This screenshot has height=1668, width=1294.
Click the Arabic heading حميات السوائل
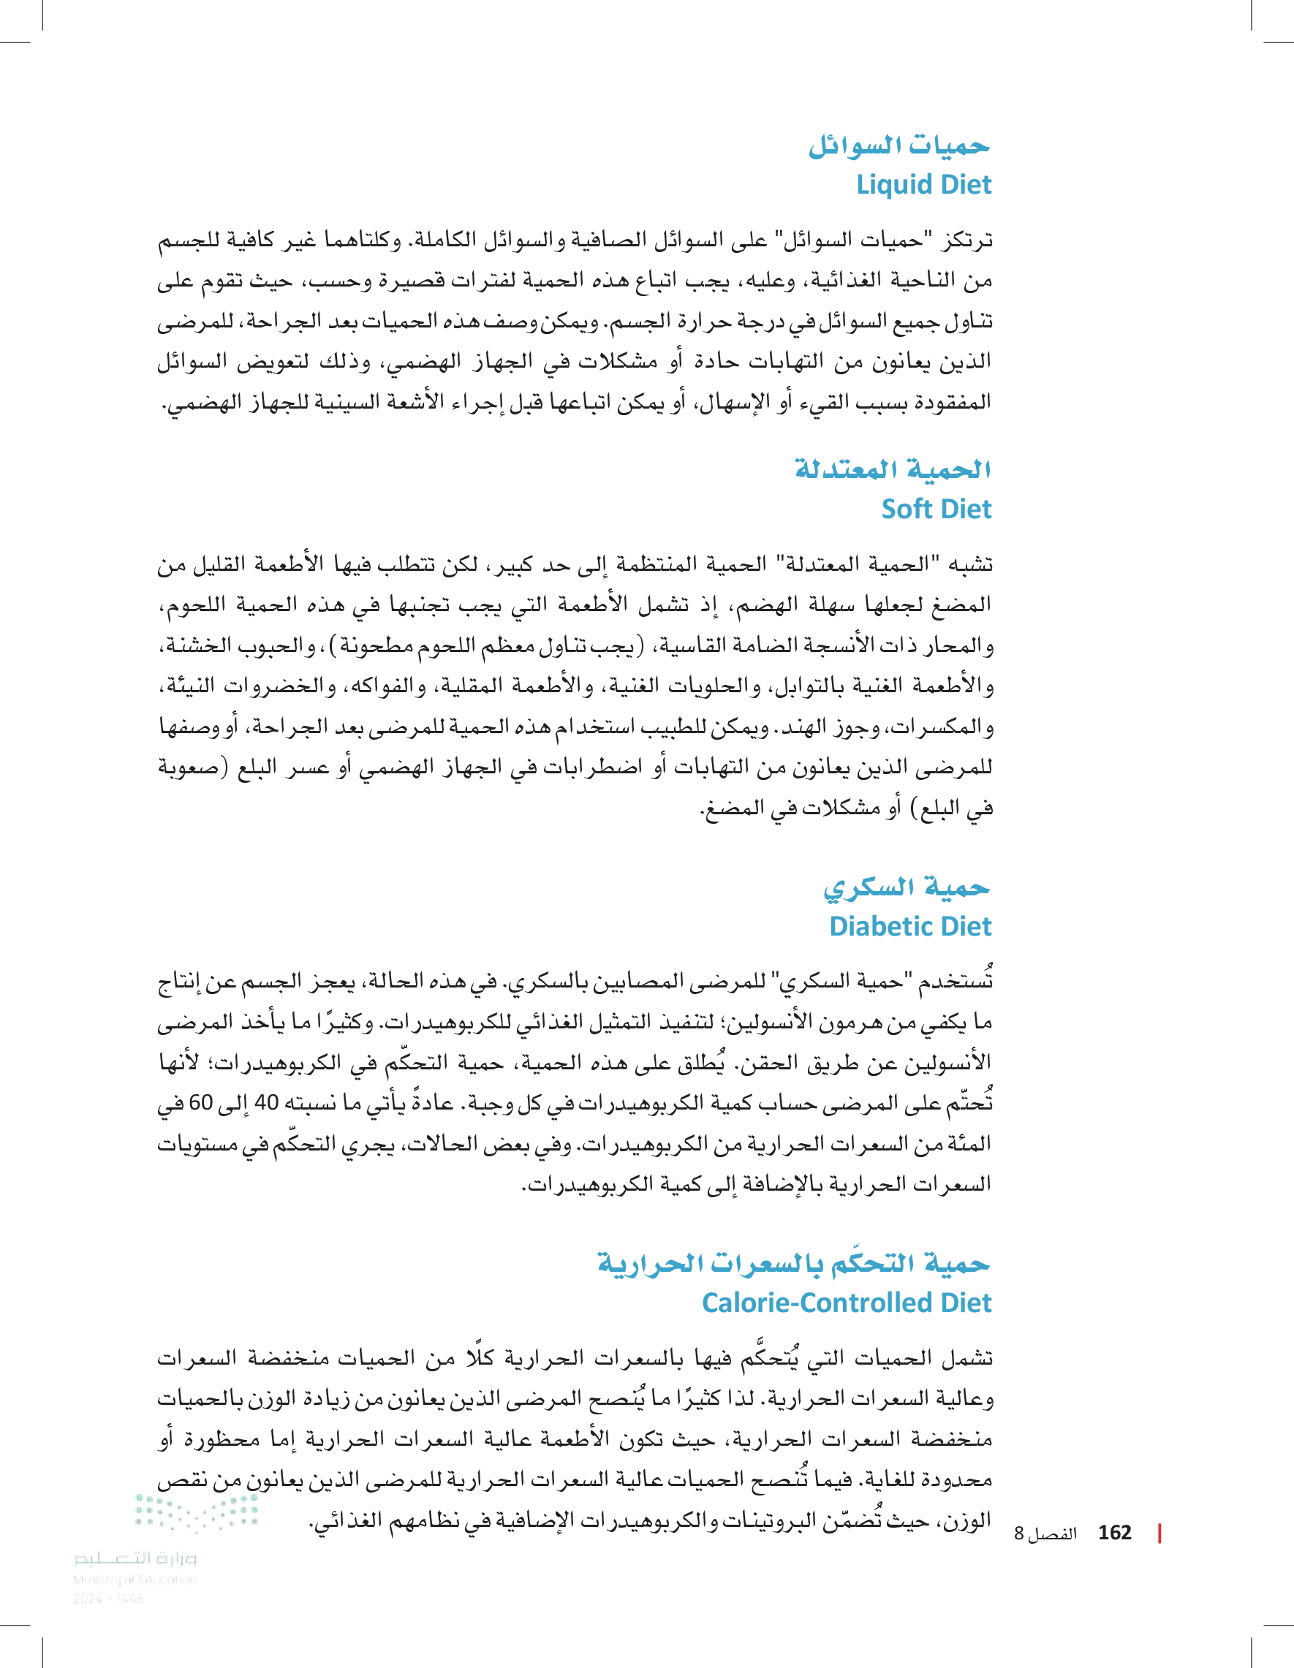click(x=899, y=145)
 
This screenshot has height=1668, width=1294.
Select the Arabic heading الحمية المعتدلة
click(x=892, y=469)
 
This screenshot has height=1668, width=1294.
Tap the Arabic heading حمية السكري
click(x=906, y=887)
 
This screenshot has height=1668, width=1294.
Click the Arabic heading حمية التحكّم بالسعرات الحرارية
click(x=793, y=1262)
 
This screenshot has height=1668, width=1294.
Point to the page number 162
click(x=1113, y=1533)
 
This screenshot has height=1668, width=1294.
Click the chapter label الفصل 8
click(x=1045, y=1534)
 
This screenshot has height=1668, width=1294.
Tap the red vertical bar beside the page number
click(x=1159, y=1533)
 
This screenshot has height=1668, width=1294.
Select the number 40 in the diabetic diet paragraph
click(x=267, y=1103)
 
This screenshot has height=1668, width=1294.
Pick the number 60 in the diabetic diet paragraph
click(x=200, y=1103)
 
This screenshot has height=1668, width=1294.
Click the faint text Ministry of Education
click(x=135, y=1580)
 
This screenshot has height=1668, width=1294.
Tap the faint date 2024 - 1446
click(x=107, y=1599)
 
